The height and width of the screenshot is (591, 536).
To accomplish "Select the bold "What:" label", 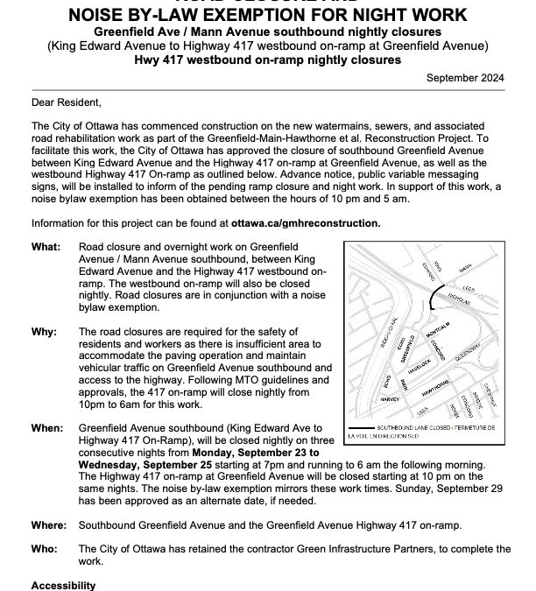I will coord(44,248).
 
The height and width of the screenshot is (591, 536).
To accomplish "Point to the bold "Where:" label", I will coord(47,525).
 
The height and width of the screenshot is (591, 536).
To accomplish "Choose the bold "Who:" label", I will coord(42,548).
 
